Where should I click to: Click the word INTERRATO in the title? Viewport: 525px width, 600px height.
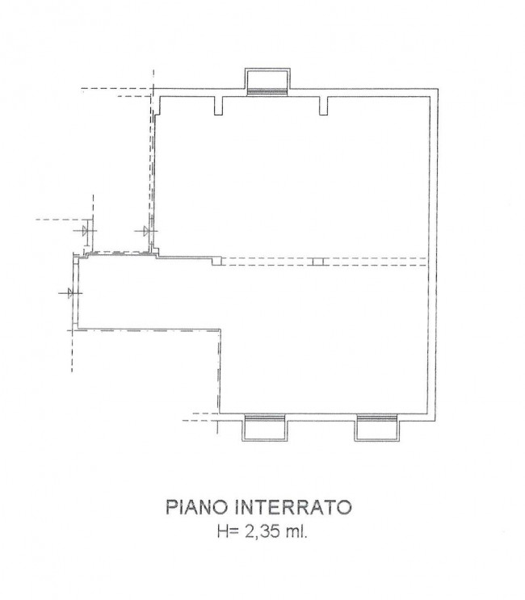coord(292,508)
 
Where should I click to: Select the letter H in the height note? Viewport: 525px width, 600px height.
coord(222,531)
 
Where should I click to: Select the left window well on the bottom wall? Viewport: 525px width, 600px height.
coord(265,426)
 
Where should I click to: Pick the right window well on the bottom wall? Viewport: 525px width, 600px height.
coord(376,426)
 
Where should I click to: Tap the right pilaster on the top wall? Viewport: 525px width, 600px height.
coord(324,105)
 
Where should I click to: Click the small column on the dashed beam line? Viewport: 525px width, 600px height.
coord(317,262)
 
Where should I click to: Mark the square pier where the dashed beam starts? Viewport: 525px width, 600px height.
coord(216,261)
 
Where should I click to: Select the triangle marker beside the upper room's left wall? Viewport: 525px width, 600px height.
coord(147,231)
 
